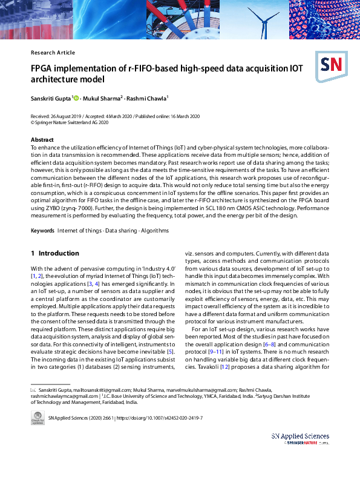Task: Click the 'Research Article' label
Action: click(x=53, y=53)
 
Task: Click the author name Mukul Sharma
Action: click(x=103, y=97)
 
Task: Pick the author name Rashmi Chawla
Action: click(x=148, y=97)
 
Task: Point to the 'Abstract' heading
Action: click(x=42, y=139)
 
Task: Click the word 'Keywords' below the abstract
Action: click(x=43, y=231)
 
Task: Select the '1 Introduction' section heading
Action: click(x=55, y=253)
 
